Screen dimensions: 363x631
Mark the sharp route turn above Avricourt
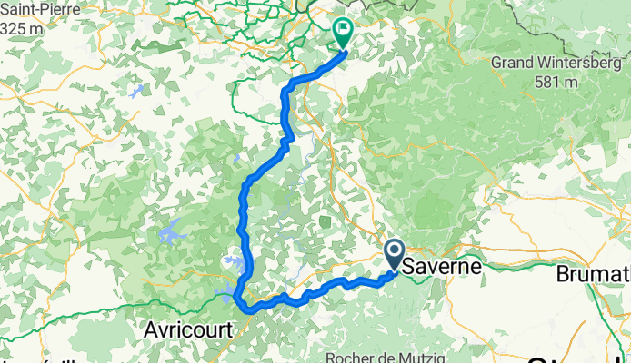click(236, 296)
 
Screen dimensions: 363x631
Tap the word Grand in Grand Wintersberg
click(510, 63)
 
